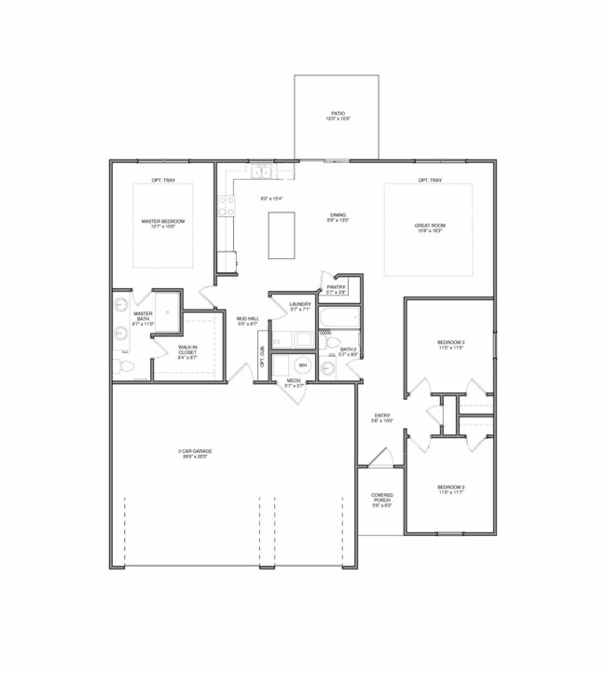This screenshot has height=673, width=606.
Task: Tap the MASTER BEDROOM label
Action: click(x=163, y=221)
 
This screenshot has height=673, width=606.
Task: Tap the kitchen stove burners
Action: click(x=226, y=206)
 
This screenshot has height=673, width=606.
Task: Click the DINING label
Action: click(x=337, y=215)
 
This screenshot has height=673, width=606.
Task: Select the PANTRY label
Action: click(x=337, y=287)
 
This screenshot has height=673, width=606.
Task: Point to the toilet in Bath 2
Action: click(x=327, y=366)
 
